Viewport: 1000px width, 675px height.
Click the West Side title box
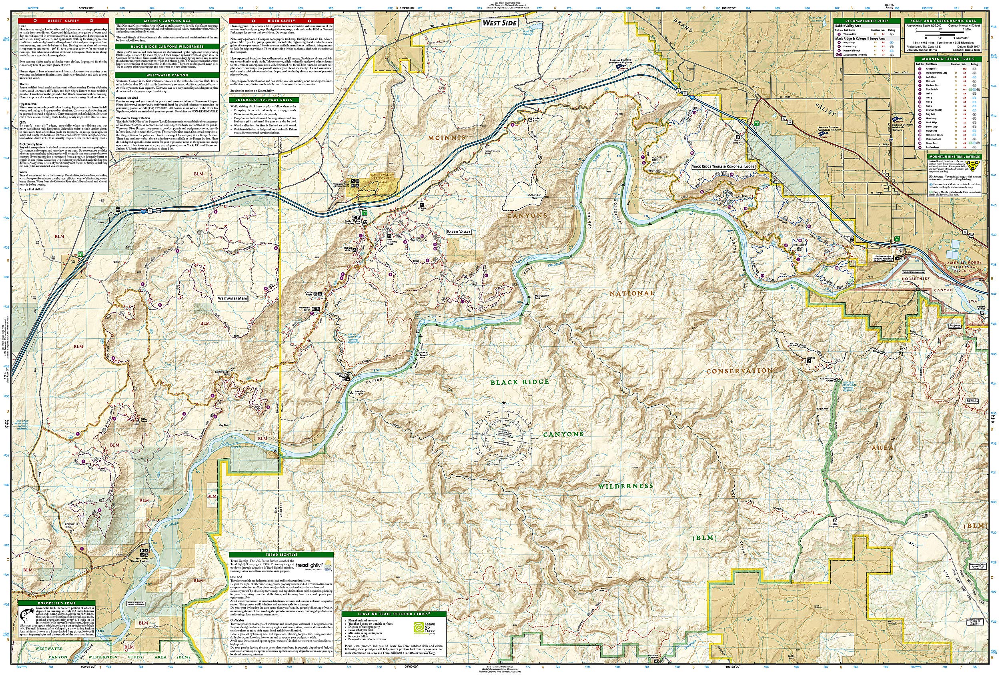499,23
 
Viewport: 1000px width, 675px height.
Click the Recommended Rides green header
867,21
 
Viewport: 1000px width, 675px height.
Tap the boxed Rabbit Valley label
459,231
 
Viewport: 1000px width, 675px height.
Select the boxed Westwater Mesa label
233,298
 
